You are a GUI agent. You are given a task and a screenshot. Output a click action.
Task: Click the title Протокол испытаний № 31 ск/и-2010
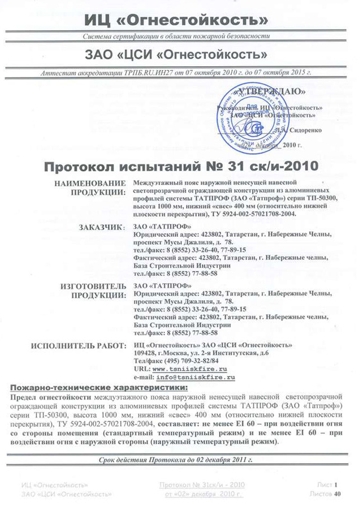181,166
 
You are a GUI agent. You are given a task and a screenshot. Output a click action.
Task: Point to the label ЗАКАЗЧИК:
104,227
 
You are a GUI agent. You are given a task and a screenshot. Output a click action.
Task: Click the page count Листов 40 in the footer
325,494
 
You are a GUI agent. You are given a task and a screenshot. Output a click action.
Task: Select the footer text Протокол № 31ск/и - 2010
202,484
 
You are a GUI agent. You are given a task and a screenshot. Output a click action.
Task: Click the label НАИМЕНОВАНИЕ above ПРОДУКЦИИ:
90,183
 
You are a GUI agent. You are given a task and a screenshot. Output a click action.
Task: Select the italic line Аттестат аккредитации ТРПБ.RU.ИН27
176,74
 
